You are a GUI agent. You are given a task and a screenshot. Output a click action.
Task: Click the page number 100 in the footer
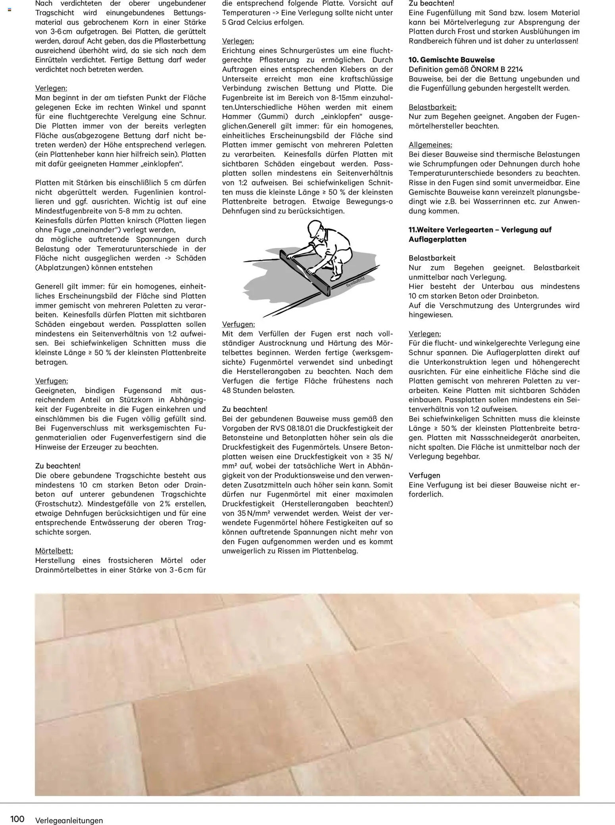pos(17,819)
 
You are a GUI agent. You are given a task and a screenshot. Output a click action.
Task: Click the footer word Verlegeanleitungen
pos(69,820)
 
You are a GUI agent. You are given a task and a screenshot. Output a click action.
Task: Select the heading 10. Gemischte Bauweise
pos(452,60)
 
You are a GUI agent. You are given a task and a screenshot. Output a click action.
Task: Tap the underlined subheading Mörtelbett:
pos(54,551)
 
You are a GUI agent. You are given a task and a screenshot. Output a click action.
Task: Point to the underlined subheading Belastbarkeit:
pos(432,107)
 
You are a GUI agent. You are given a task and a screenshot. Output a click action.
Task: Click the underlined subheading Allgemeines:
pos(430,145)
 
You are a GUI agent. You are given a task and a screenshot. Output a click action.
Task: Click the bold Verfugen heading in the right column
pos(425,475)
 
